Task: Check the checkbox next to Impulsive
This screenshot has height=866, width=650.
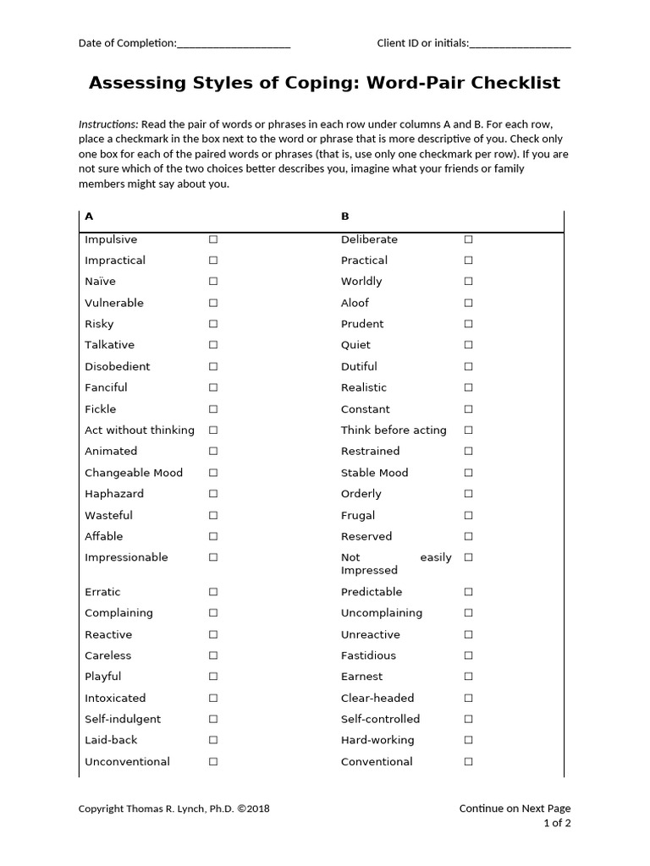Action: (213, 239)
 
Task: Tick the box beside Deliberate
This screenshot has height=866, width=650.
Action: (468, 239)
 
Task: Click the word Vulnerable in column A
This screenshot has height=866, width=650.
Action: (114, 303)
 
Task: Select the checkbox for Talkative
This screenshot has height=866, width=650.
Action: (213, 345)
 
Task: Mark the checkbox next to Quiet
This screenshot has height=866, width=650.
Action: (468, 345)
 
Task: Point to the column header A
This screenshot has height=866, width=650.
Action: (89, 216)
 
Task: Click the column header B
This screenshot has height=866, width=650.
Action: (345, 216)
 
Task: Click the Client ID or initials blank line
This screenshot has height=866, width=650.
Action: (520, 45)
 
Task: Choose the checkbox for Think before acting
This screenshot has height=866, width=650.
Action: (468, 430)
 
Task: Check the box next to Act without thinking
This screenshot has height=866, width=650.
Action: (213, 430)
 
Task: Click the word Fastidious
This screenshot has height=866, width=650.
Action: (368, 655)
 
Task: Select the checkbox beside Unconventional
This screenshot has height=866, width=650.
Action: (213, 761)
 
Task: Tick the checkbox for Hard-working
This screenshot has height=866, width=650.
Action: (468, 740)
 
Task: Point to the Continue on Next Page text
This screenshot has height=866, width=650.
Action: (515, 808)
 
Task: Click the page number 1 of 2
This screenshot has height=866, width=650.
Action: (557, 824)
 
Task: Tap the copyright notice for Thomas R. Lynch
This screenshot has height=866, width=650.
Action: (174, 808)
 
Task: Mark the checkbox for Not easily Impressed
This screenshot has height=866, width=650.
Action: (468, 557)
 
